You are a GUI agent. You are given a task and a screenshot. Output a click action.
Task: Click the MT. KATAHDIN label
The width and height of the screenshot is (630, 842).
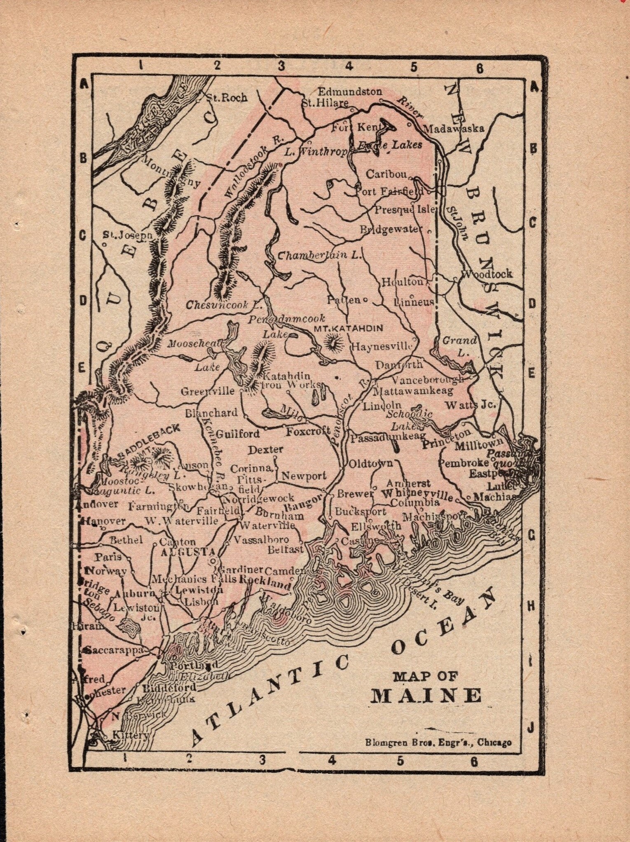348,328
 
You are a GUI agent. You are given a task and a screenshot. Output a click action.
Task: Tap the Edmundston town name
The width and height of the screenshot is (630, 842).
350,92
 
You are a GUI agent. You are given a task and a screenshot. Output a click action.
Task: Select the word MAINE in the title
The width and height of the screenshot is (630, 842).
426,696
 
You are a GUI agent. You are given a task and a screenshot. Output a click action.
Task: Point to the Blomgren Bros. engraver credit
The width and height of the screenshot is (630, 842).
438,742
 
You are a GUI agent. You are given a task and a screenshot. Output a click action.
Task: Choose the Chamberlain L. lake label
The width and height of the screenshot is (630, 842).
319,255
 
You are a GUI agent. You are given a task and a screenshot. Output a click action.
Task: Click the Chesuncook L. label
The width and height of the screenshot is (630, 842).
224,305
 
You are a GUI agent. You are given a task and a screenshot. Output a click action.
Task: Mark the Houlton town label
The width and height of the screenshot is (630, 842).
402,282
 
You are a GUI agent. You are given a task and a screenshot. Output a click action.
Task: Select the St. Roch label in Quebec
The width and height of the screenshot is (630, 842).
227,98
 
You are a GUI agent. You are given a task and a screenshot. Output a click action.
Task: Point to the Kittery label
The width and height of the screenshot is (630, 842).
130,735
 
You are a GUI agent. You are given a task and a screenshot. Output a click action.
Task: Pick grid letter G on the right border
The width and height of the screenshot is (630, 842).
532,535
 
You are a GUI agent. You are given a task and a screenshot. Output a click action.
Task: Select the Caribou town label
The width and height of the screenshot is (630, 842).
386,174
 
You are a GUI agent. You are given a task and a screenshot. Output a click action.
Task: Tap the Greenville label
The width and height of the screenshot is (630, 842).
207,391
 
